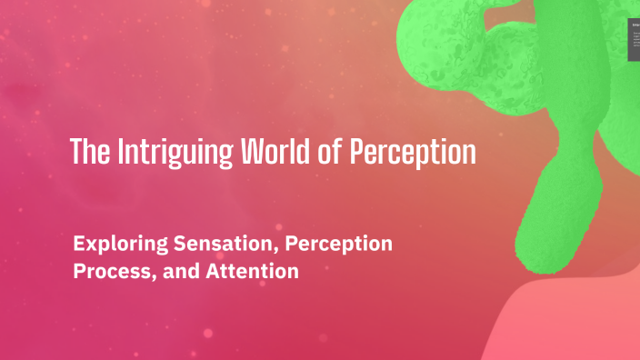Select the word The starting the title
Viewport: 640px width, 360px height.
[90, 152]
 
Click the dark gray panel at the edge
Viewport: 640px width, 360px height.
[634, 40]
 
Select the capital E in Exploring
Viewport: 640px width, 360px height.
[77, 245]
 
